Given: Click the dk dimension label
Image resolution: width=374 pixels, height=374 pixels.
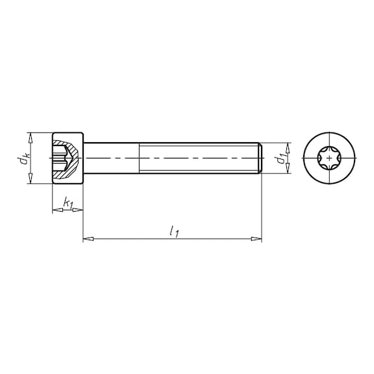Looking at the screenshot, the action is click(x=25, y=158).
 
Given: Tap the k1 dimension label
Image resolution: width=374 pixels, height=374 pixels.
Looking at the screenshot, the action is click(x=68, y=203).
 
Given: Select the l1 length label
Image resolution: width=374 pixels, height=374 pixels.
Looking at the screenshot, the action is click(x=174, y=232).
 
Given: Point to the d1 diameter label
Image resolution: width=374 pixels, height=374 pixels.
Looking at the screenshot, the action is click(x=281, y=159).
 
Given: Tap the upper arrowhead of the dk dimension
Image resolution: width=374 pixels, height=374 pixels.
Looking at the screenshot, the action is click(x=31, y=138).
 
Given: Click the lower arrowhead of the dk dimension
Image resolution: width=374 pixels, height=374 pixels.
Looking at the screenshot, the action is click(x=31, y=178).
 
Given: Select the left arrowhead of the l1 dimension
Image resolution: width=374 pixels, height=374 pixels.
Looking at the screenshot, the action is click(x=88, y=238).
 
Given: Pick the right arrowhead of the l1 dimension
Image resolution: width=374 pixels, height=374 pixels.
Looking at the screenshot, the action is click(x=256, y=238).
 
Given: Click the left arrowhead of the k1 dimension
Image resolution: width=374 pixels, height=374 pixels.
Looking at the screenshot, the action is click(x=58, y=210).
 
